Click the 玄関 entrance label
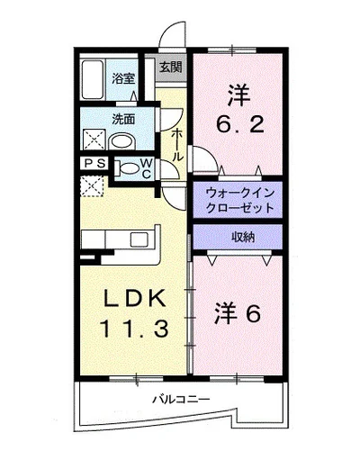[171, 67]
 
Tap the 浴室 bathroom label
[124, 78]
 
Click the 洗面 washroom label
[123, 117]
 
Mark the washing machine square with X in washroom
[92, 140]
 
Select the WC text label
[145, 167]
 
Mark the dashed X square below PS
[92, 185]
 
